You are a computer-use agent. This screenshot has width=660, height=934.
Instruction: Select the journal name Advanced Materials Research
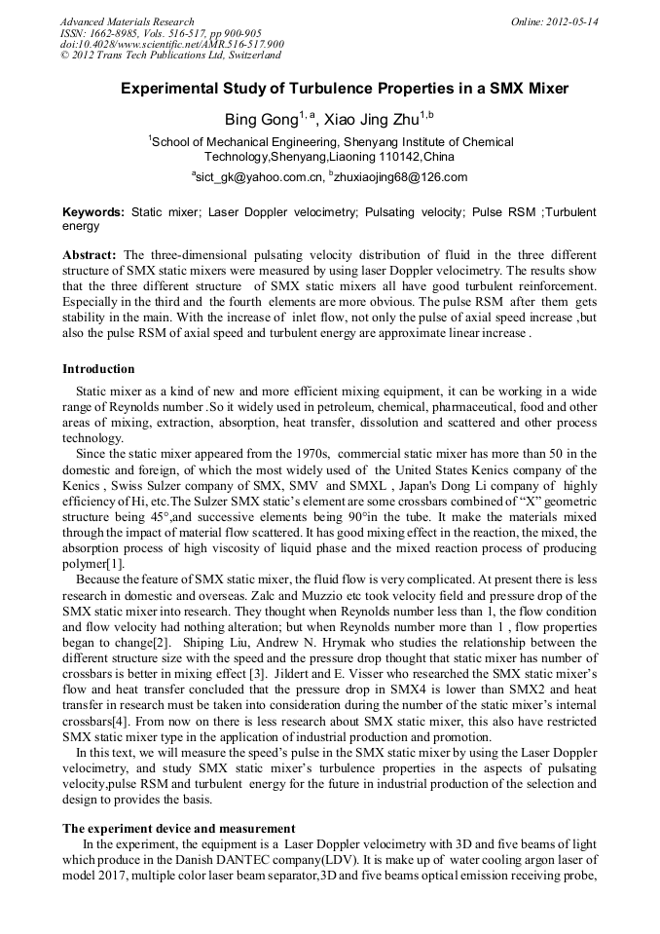click(x=127, y=21)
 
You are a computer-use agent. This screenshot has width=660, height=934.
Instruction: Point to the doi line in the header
click(x=172, y=44)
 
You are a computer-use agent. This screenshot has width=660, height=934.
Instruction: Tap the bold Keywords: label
click(x=93, y=211)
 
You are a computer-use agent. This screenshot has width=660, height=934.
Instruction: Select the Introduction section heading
click(x=98, y=369)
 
